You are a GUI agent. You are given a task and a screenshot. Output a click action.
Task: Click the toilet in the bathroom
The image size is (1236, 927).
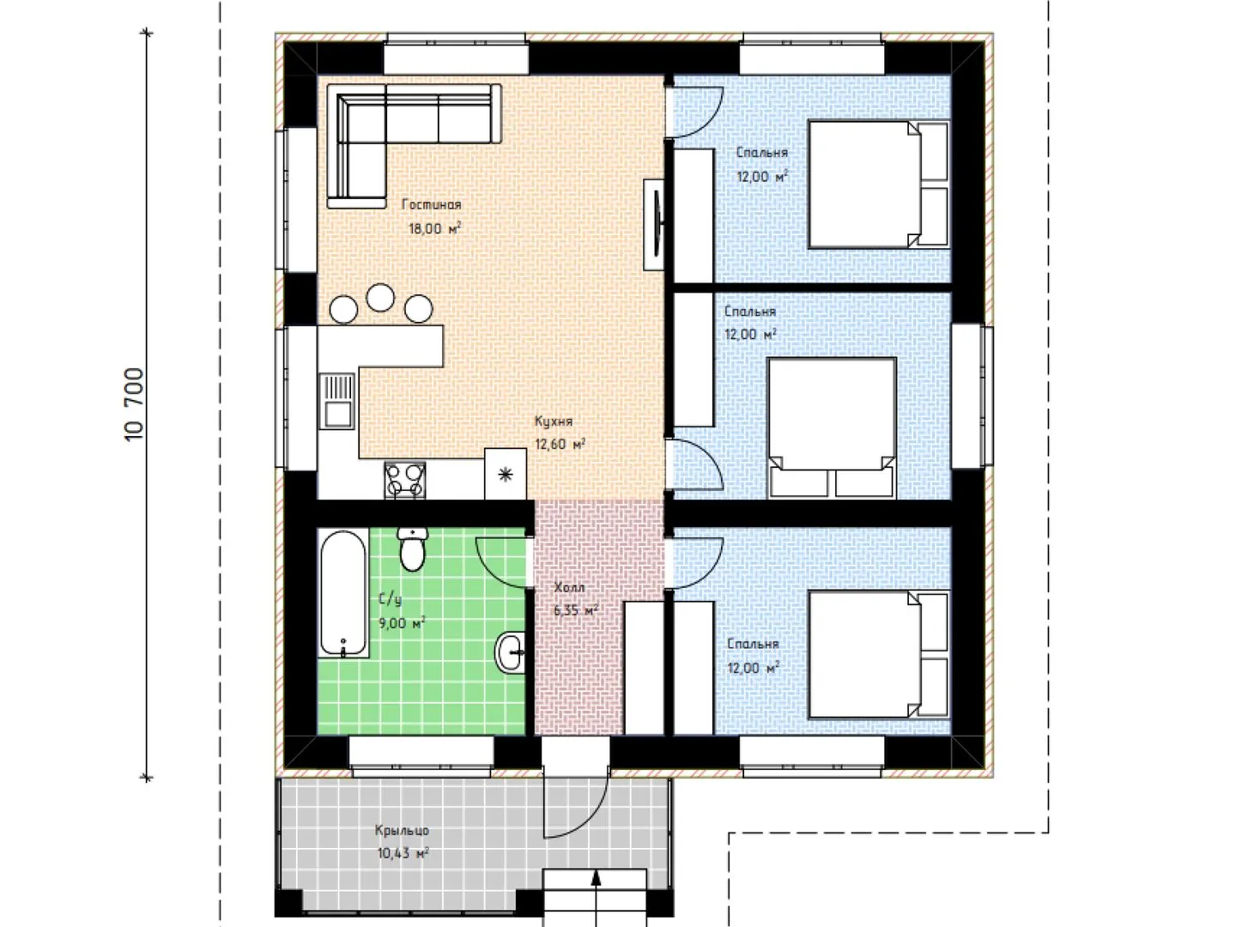(413, 548)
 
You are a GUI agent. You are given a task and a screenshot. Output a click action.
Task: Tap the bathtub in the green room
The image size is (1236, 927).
(343, 593)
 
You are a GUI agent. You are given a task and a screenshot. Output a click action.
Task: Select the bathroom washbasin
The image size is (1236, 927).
(511, 652)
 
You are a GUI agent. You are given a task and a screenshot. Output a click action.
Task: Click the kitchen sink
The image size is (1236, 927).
(337, 402)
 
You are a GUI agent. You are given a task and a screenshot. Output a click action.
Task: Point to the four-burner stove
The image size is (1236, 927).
(405, 480)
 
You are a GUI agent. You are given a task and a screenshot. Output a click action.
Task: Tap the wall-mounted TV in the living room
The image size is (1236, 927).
(655, 225)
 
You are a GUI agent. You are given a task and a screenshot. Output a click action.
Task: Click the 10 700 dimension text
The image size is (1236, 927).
(135, 404)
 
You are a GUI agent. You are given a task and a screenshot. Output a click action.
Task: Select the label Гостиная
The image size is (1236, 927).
(432, 204)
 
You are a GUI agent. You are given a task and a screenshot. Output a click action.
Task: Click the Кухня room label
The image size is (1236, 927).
(554, 421)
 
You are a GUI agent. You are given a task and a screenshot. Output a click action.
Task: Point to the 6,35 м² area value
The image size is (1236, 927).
(576, 610)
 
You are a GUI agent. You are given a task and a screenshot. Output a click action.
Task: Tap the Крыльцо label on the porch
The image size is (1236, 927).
(402, 830)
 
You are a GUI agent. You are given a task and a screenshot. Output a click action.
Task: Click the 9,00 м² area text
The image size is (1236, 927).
(402, 623)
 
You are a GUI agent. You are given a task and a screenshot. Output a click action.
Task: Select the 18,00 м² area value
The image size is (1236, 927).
(434, 228)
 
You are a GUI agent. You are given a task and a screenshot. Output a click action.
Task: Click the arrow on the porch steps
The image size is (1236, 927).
(596, 897)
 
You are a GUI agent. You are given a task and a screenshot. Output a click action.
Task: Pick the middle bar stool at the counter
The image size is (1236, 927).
(380, 298)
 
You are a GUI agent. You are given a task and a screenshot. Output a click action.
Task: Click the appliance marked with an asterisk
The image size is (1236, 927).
(506, 474)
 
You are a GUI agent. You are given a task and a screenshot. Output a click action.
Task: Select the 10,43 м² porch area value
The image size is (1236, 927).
(403, 853)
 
